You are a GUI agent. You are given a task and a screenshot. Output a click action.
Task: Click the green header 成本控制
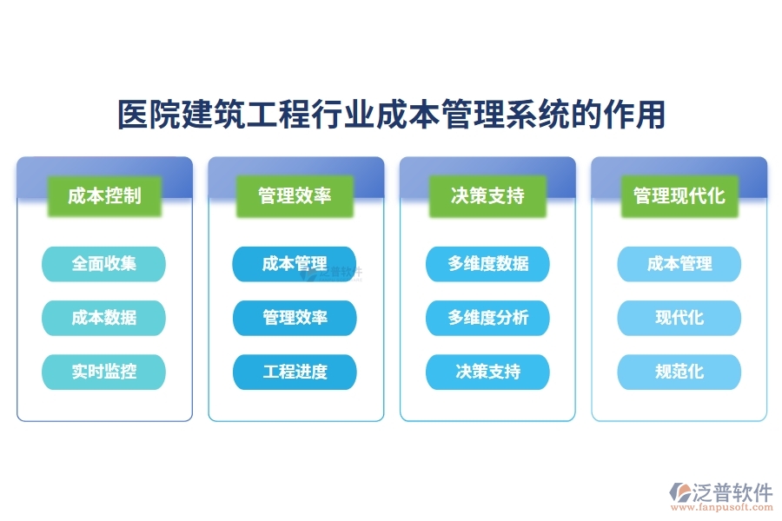(104, 195)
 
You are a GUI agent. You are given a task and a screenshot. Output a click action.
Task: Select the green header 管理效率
(295, 195)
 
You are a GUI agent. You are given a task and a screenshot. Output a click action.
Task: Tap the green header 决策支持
(487, 195)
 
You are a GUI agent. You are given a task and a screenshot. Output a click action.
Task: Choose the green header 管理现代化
(679, 195)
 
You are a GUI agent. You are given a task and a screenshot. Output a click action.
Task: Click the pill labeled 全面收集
(103, 264)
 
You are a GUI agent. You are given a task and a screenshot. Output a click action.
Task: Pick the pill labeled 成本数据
(103, 318)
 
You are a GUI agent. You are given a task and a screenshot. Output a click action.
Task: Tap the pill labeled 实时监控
(103, 372)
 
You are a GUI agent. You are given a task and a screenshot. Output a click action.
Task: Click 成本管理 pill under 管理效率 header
(295, 264)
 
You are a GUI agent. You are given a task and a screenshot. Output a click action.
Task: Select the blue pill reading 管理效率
(295, 318)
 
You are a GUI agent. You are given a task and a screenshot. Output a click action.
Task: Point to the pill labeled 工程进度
(295, 372)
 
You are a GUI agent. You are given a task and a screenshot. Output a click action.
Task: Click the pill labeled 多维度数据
(487, 264)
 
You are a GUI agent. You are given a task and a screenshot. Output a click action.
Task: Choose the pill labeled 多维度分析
(487, 318)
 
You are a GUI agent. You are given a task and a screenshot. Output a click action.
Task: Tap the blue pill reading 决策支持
(487, 372)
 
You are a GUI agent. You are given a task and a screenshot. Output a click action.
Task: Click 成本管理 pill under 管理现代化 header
(679, 264)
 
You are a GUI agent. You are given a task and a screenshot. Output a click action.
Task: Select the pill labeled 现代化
(679, 318)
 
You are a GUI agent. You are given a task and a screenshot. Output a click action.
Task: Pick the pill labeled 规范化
(679, 372)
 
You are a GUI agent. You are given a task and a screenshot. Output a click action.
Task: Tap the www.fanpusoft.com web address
(731, 509)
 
